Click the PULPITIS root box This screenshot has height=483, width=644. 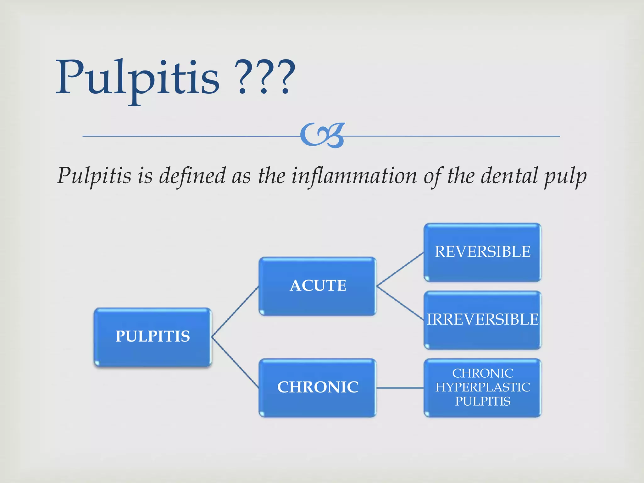click(x=153, y=337)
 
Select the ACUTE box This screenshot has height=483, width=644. click(x=318, y=286)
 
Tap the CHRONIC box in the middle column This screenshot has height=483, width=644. click(x=318, y=387)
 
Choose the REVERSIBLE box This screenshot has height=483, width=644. click(x=482, y=252)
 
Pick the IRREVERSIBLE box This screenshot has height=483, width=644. click(x=482, y=320)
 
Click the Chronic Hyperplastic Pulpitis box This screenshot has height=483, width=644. click(x=482, y=387)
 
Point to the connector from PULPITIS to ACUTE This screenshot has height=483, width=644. click(x=235, y=311)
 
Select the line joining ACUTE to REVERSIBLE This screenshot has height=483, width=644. click(x=400, y=269)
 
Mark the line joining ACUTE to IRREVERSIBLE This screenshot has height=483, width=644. click(x=400, y=303)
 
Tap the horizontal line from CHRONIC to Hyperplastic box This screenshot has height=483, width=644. click(x=400, y=388)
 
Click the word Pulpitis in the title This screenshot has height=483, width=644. click(x=137, y=79)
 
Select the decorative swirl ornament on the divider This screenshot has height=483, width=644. click(x=323, y=136)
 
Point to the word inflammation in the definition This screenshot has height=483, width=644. click(x=354, y=176)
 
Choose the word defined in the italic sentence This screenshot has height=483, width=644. click(x=192, y=176)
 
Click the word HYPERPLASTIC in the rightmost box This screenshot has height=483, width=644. click(x=482, y=387)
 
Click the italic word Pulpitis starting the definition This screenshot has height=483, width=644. click(x=94, y=176)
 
